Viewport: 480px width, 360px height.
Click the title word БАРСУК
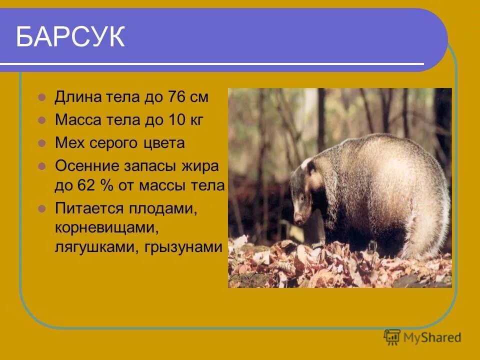pos(70,37)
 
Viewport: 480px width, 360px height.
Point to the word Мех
pos(69,143)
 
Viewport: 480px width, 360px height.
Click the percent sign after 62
pos(105,186)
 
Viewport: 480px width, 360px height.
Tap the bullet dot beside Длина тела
pos(42,97)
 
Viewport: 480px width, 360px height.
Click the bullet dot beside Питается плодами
pos(42,208)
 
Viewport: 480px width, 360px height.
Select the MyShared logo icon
pos(392,337)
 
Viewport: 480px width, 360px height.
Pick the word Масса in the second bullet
pos(77,120)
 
